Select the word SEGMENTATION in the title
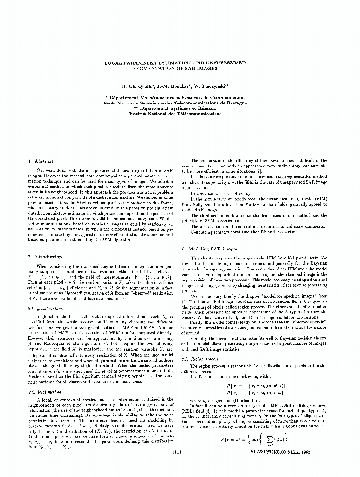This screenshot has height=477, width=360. [x=156, y=68]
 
